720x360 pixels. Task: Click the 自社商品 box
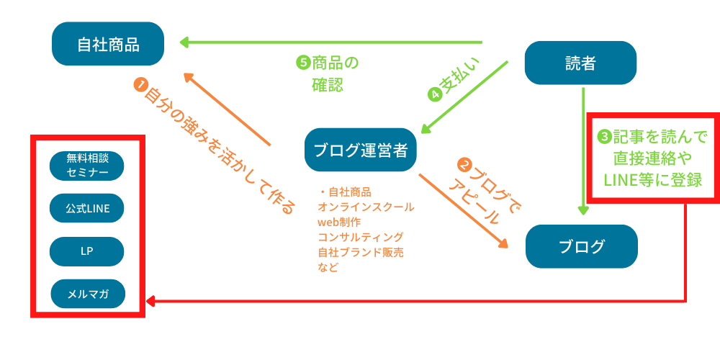tap(108, 45)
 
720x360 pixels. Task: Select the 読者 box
tap(580, 64)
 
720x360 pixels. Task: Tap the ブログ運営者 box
tap(361, 150)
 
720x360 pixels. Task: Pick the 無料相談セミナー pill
tap(87, 166)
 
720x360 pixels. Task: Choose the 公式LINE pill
tap(87, 209)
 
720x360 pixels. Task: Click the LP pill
tap(87, 251)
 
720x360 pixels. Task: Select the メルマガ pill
tap(87, 294)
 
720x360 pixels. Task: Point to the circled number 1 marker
tap(140, 85)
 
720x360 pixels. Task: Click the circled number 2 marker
tap(466, 166)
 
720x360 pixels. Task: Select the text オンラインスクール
tap(366, 207)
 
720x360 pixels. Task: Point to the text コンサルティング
tap(360, 237)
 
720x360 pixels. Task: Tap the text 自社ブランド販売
tap(360, 252)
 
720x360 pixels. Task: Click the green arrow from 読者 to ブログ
tap(584, 151)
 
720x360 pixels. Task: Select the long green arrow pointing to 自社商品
tap(331, 42)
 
